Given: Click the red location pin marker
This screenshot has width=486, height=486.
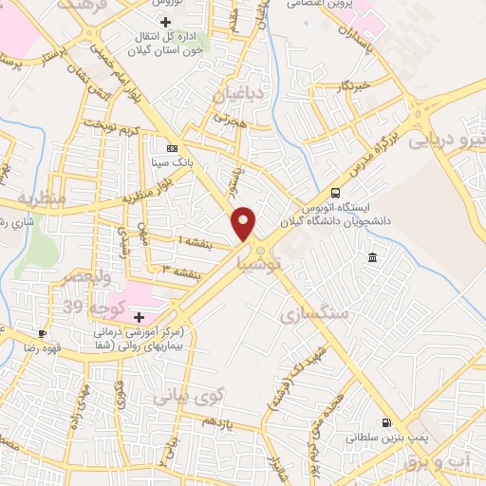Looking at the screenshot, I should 244,222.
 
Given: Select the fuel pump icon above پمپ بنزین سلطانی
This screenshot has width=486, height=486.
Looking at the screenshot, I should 385,423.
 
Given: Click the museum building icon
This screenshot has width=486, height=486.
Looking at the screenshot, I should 372,259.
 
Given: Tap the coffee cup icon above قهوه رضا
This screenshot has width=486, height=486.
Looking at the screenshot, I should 42,333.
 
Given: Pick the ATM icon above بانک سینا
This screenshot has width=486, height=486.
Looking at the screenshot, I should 172,148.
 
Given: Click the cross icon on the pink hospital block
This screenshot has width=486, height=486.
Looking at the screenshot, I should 140,316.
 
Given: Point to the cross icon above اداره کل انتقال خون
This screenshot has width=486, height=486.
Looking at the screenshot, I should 166,21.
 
